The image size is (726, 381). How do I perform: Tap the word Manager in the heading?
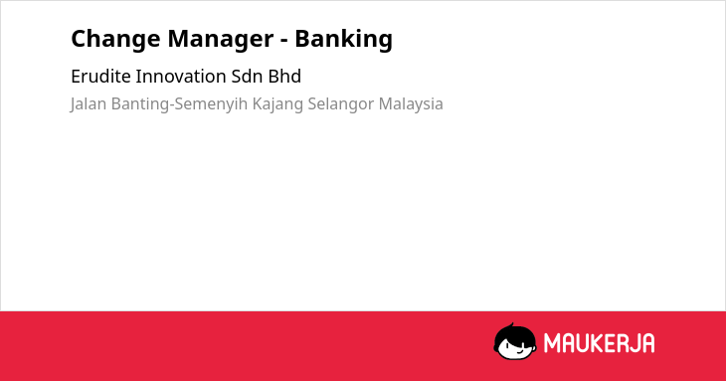click(221, 40)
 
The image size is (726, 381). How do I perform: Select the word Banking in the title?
click(344, 40)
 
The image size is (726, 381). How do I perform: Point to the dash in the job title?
click(284, 41)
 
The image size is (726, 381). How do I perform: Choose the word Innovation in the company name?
click(181, 77)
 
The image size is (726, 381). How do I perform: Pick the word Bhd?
click(284, 77)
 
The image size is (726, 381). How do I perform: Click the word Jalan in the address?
click(89, 104)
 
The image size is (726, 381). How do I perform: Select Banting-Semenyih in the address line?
click(180, 104)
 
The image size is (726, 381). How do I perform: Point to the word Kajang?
click(277, 104)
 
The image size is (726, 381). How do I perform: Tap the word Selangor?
click(341, 104)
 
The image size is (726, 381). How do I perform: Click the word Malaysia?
click(411, 104)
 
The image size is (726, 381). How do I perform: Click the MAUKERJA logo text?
click(599, 343)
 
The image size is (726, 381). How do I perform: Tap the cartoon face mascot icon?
click(515, 341)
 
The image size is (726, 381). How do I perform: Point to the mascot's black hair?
click(514, 333)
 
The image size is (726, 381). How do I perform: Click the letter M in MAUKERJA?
click(552, 343)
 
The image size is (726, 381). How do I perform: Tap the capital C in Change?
click(80, 39)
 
